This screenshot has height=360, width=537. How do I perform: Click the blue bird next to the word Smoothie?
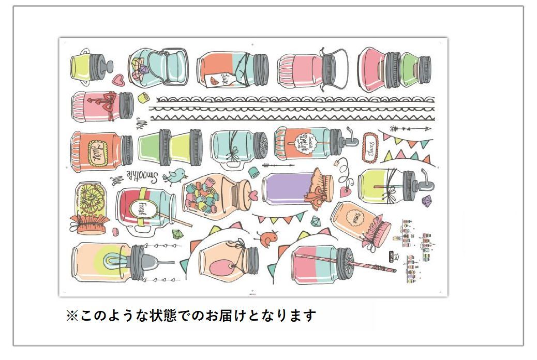pyautogui.click(x=174, y=176)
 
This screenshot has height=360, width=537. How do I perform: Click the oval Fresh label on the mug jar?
pyautogui.click(x=139, y=209)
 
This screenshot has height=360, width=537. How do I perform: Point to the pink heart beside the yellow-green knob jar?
pyautogui.click(x=118, y=81)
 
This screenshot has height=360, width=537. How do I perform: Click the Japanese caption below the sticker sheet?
pyautogui.click(x=191, y=315)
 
